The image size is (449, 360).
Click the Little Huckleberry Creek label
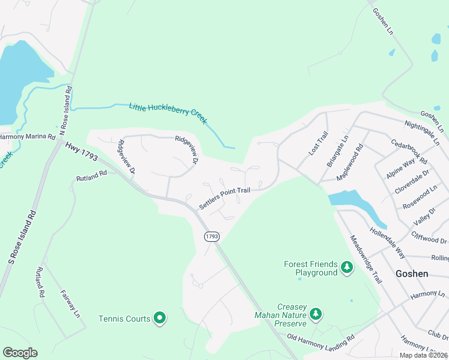168,113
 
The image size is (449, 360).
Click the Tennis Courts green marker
159,318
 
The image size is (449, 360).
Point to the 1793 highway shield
211,236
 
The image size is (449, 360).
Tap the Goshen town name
412,274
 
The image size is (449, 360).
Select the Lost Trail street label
318,145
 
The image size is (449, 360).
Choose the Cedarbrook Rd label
408,152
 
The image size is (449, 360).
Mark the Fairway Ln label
70,304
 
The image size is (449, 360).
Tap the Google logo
20,353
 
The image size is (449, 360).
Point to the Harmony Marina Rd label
27,137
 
